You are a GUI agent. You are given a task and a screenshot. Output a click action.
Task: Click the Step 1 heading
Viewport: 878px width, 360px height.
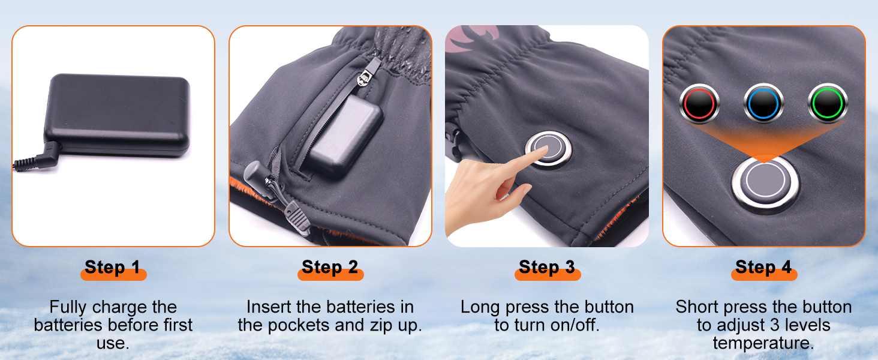pos(113,267)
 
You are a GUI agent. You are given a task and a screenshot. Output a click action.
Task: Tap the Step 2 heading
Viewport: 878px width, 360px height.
pos(330,267)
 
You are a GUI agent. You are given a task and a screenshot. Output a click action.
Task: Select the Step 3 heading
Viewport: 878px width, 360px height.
pos(547,267)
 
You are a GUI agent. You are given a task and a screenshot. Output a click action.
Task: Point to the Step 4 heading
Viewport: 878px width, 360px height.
pos(763,267)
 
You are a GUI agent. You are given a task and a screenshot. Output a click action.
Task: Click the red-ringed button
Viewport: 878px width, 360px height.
pos(699,104)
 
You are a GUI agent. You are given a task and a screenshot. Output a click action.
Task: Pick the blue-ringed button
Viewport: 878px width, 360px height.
pos(763,104)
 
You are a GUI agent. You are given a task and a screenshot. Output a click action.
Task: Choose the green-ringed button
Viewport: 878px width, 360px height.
pos(828,104)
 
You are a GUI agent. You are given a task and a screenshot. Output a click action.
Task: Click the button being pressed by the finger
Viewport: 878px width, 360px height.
pos(549,149)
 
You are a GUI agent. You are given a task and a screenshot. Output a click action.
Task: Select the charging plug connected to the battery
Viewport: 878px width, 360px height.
pos(39,157)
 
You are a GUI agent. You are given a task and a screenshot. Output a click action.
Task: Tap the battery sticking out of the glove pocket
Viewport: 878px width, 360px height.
pos(345,135)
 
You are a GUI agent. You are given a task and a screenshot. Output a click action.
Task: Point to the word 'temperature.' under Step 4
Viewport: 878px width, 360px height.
pos(763,343)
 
